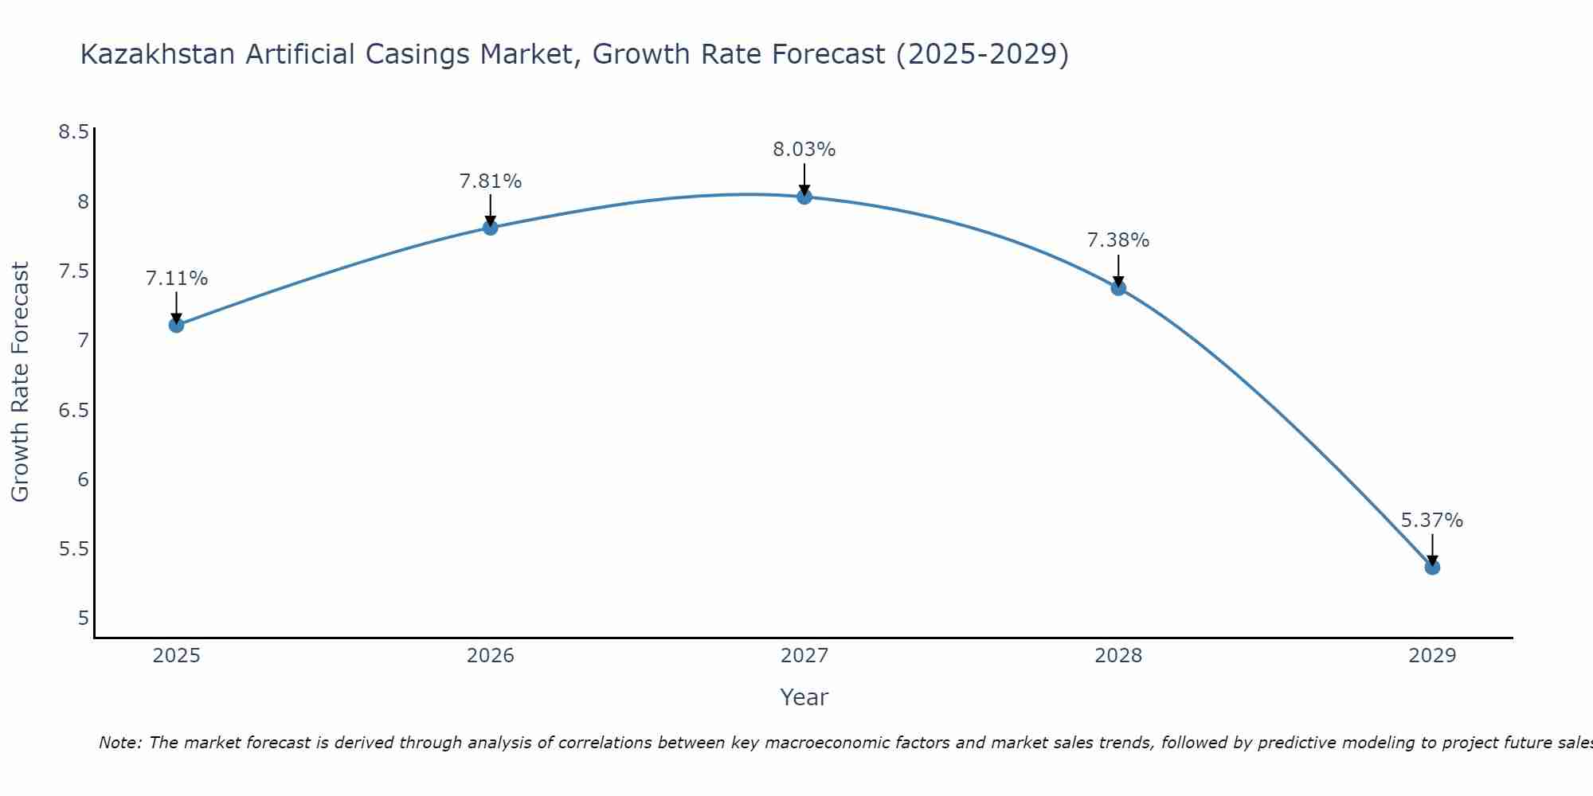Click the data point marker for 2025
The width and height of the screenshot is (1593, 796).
click(x=176, y=325)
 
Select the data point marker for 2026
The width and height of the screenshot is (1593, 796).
click(x=490, y=228)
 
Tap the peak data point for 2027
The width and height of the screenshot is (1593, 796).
click(x=804, y=197)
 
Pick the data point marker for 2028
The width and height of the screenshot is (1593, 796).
click(x=1118, y=287)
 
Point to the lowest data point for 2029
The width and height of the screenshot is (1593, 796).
click(x=1432, y=567)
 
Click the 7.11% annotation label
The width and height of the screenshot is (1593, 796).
click(x=176, y=279)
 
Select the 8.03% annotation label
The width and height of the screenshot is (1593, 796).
click(x=804, y=150)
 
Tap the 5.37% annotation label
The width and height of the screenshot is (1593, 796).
click(x=1432, y=521)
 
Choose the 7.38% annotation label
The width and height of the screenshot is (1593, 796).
click(x=1118, y=240)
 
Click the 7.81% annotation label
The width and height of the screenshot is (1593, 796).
click(x=490, y=181)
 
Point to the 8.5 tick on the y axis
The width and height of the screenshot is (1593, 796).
click(x=73, y=132)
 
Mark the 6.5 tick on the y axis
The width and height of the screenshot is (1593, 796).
click(x=73, y=411)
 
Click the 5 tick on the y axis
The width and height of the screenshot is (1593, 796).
click(x=83, y=618)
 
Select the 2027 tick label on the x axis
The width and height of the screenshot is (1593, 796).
click(x=804, y=656)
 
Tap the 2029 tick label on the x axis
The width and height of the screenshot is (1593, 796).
click(x=1432, y=656)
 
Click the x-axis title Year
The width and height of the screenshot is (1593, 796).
click(x=804, y=697)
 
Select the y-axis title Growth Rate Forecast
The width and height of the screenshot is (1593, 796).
click(x=20, y=382)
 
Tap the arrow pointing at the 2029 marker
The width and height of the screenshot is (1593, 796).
click(x=1432, y=549)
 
